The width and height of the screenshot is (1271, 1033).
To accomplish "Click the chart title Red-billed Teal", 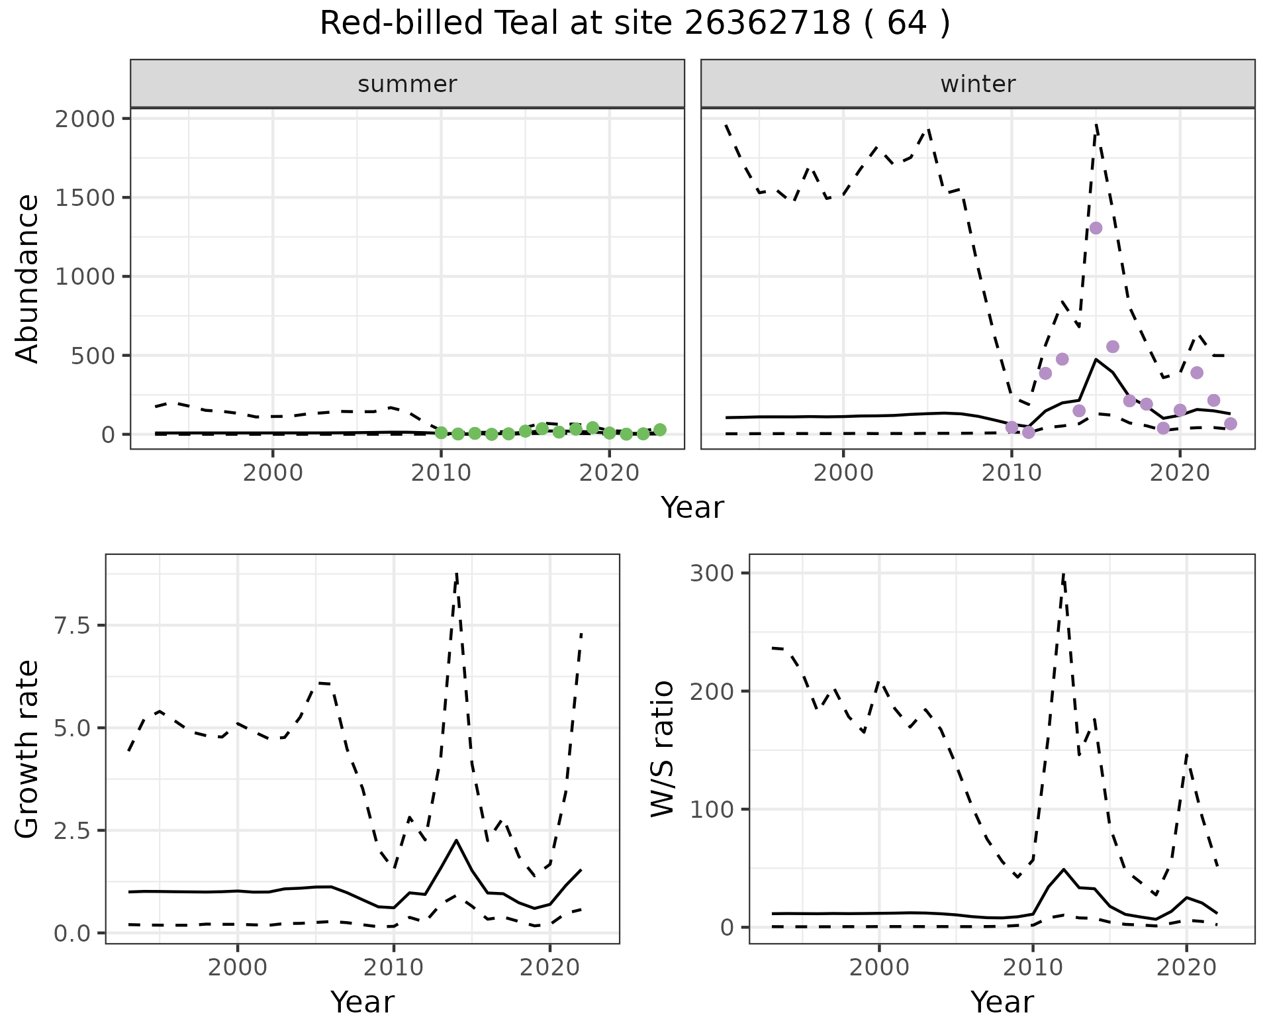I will pos(634,24).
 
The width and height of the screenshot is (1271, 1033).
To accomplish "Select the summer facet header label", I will pos(407,84).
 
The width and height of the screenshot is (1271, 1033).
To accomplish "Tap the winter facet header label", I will pos(978,84).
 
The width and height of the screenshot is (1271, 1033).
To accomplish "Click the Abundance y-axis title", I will pos(28,279).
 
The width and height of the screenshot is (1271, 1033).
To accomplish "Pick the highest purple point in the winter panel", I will pos(1096,228).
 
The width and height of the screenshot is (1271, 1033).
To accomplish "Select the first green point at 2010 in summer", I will pos(441,433).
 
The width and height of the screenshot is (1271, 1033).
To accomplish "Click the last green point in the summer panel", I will pos(660,430).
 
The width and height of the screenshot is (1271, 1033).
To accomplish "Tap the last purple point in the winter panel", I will pos(1231,424).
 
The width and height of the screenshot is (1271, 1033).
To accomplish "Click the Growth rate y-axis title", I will pos(28,750).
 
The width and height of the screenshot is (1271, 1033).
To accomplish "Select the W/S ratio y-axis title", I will pos(663,749).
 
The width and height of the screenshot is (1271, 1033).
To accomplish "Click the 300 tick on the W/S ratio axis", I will pos(712,573).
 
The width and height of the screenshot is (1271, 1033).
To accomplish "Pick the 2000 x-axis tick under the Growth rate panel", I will pos(237,967).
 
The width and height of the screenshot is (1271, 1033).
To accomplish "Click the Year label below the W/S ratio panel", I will pos(1002,1003).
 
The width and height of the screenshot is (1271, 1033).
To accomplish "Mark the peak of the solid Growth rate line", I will pos(457,840).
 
